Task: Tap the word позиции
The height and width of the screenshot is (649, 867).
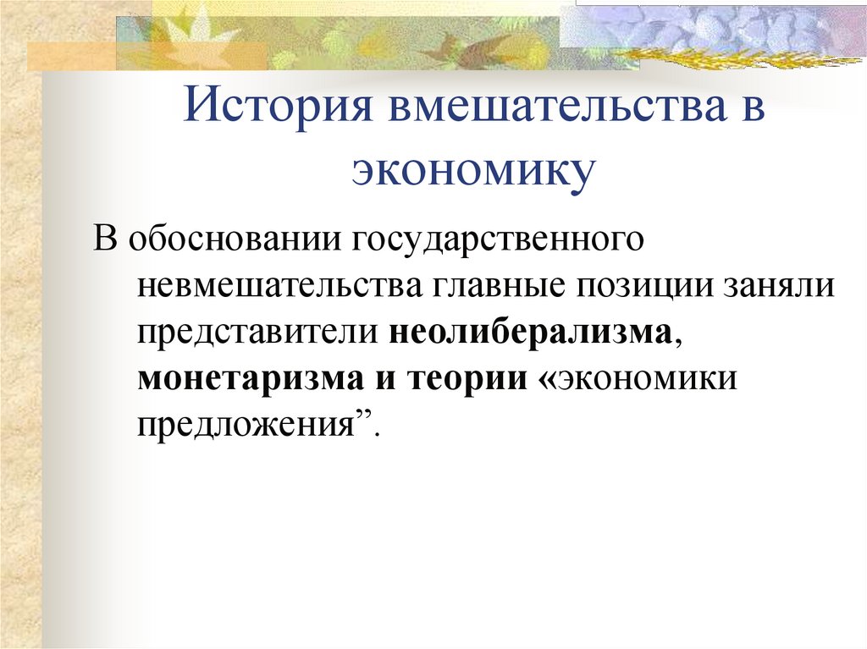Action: click(x=647, y=285)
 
